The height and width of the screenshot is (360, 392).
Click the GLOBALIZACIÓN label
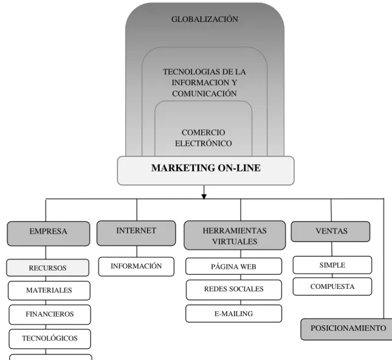click(204, 19)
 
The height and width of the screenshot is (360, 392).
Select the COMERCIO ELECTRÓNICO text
click(203, 137)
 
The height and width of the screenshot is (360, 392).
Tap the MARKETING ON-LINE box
click(206, 171)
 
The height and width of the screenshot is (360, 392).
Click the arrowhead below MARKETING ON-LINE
click(204, 196)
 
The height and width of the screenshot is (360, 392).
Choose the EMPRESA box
click(48, 234)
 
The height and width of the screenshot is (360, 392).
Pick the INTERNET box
click(136, 233)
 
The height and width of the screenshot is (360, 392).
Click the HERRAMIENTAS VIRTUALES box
click(235, 235)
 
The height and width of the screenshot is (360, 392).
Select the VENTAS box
click(331, 232)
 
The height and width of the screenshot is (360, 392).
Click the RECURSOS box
click(47, 268)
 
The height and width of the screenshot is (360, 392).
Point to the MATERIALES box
click(49, 291)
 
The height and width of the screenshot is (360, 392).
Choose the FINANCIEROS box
click(50, 314)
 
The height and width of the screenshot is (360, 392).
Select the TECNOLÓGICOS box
click(50, 339)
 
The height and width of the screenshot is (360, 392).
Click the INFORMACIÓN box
click(136, 266)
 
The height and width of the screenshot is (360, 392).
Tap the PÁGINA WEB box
click(234, 266)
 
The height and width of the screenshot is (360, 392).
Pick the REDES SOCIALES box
click(234, 289)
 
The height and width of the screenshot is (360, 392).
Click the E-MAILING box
click(234, 313)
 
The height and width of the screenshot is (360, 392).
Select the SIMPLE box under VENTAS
click(332, 265)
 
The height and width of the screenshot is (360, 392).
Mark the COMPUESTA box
click(332, 286)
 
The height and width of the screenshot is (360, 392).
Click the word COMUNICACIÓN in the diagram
click(204, 94)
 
